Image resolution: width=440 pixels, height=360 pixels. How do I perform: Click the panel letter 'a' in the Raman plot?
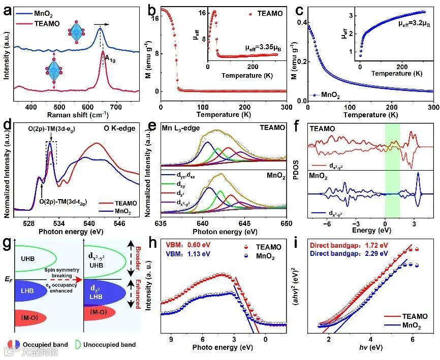click(8, 9)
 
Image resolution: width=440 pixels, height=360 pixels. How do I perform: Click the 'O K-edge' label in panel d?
click(121, 128)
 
